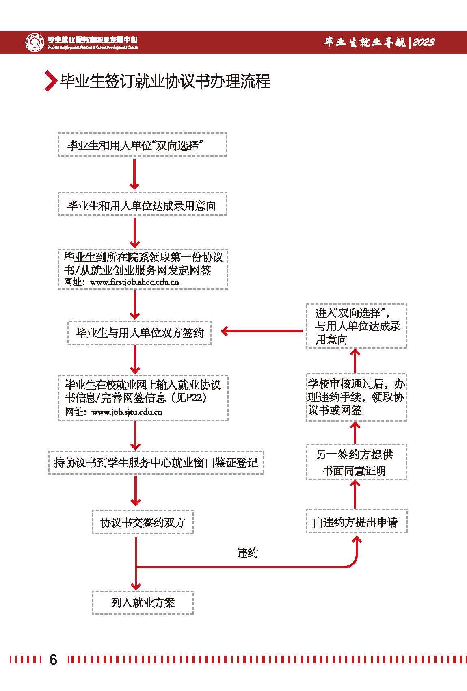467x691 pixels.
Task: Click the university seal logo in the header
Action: click(35, 42)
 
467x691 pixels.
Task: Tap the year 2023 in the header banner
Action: click(424, 42)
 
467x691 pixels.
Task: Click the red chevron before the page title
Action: click(50, 80)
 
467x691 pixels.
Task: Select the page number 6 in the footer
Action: click(53, 659)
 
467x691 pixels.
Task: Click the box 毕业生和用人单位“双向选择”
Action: click(143, 145)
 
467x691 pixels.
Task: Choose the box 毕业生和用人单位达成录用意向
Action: click(143, 204)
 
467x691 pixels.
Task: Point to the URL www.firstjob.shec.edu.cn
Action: click(134, 282)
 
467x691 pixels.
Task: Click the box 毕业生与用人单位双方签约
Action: click(139, 333)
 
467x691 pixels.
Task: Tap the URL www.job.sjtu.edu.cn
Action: click(127, 412)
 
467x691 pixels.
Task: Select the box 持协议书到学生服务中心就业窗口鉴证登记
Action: click(156, 462)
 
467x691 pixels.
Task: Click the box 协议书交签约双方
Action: click(143, 522)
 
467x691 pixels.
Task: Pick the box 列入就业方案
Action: click(143, 602)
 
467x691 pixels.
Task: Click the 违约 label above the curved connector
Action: click(247, 552)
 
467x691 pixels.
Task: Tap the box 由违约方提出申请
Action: click(356, 522)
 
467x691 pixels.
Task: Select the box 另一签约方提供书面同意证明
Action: click(356, 462)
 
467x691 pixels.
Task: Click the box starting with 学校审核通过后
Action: click(356, 397)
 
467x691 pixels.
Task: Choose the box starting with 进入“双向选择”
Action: click(356, 326)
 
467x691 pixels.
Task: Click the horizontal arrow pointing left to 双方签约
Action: click(262, 331)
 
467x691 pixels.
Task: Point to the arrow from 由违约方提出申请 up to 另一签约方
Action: click(355, 494)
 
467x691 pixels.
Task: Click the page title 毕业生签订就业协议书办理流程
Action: click(165, 81)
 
